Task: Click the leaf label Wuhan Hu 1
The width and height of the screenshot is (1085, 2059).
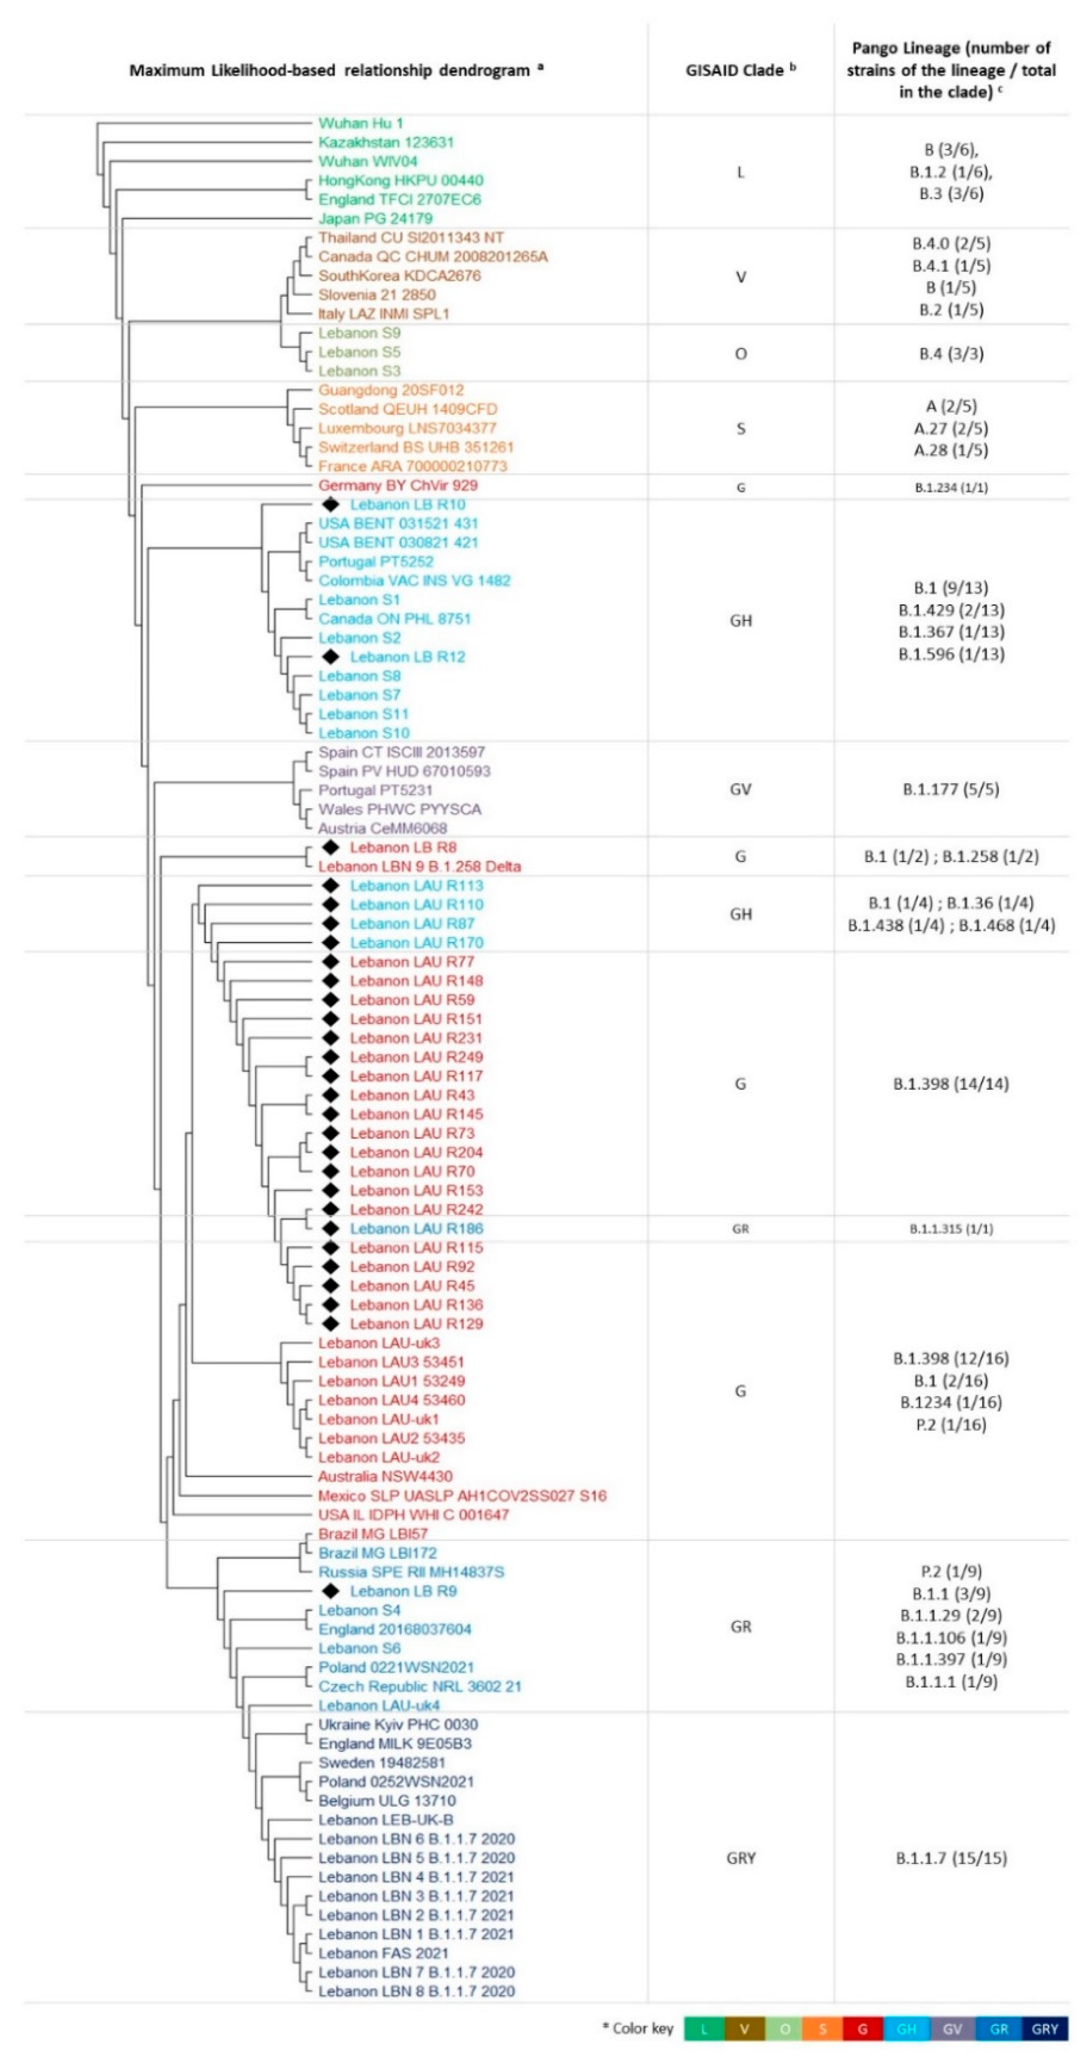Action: [x=360, y=123]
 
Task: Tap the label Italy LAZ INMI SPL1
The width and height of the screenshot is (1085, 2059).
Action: [x=384, y=313]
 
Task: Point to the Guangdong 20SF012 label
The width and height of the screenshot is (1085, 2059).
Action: [x=391, y=390]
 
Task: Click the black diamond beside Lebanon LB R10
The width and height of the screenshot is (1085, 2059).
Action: [x=330, y=504]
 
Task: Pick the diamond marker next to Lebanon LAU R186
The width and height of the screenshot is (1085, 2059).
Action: [x=330, y=1228]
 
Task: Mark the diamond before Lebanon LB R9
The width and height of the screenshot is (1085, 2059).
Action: [x=330, y=1591]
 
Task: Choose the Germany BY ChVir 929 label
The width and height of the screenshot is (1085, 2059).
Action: [x=398, y=485]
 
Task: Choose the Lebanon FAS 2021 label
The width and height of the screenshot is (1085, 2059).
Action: [x=384, y=1953]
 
